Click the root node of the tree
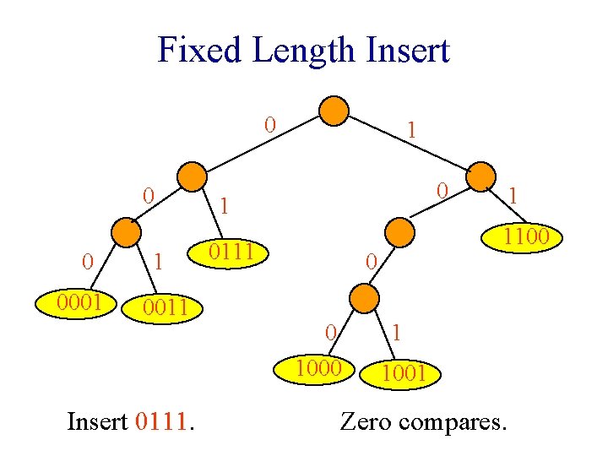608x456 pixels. point(334,111)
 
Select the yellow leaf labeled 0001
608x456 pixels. point(76,304)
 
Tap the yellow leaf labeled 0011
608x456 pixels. point(162,309)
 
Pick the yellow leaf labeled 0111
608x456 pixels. point(228,253)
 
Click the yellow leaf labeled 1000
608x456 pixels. point(314,369)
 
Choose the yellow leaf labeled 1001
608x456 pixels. point(400,375)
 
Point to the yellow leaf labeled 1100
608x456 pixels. point(522,237)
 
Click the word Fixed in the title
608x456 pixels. point(199,50)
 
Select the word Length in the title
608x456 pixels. point(303,52)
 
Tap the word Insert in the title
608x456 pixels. point(408,50)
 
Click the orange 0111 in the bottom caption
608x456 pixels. point(161,421)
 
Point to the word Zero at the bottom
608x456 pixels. point(366,421)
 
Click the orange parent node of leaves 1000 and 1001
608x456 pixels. point(364,298)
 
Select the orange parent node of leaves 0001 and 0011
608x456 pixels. point(126,232)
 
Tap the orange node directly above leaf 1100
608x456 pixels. point(480,176)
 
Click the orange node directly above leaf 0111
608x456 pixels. point(192,176)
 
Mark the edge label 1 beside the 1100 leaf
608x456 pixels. point(513,196)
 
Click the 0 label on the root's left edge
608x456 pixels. point(270,125)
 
